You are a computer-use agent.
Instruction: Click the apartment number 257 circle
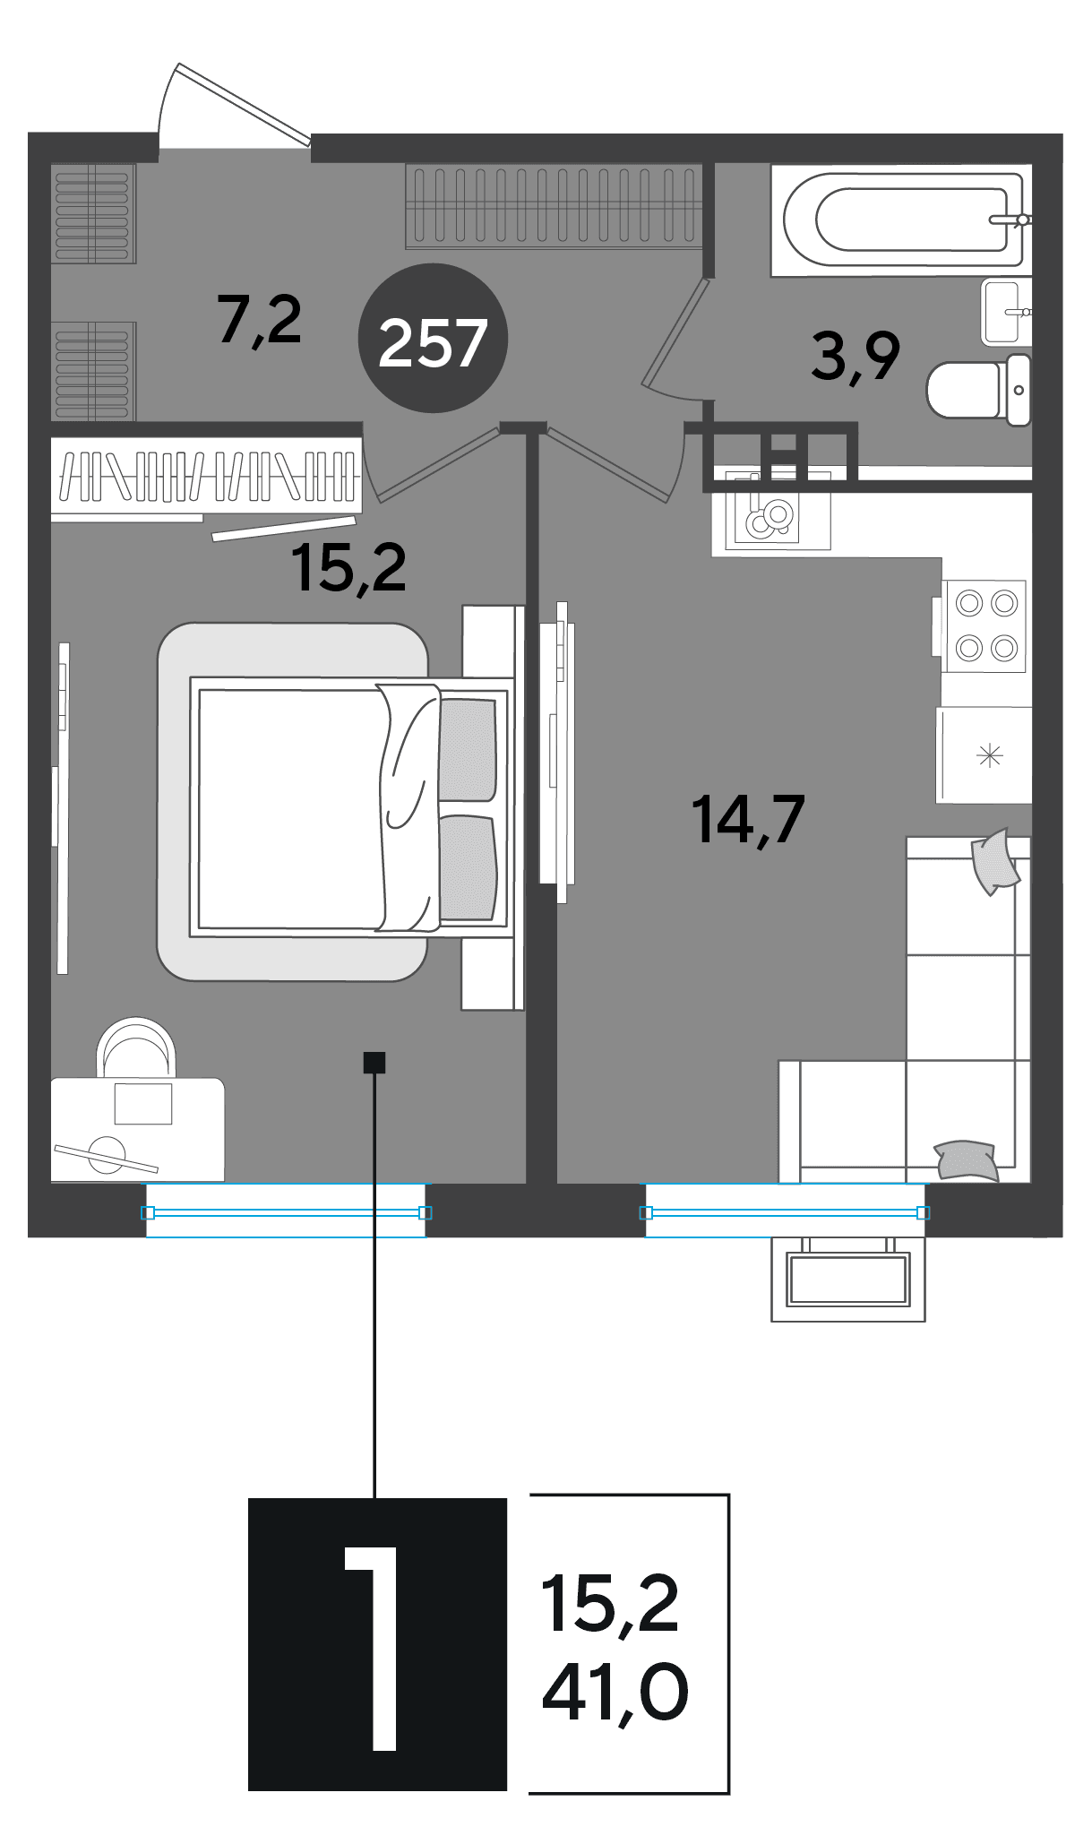point(433,339)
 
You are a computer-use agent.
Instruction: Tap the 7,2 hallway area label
point(260,321)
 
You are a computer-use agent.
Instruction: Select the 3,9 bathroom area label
point(856,356)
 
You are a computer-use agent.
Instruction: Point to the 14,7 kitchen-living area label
point(748,819)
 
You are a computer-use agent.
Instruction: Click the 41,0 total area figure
point(615,1692)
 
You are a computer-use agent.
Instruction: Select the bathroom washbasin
point(1006,312)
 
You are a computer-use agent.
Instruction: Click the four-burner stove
point(984,625)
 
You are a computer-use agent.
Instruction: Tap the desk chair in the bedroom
point(136,1047)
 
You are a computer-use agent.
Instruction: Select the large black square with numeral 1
point(377,1644)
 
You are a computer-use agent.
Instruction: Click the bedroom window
point(286,1211)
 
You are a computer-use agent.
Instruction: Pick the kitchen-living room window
point(785,1211)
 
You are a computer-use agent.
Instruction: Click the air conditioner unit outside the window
point(848,1280)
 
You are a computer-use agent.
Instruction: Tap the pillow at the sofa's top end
point(994,861)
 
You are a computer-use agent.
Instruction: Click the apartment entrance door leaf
point(244,103)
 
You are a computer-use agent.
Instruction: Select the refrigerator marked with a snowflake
point(984,755)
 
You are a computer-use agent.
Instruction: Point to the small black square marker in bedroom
point(374,1062)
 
